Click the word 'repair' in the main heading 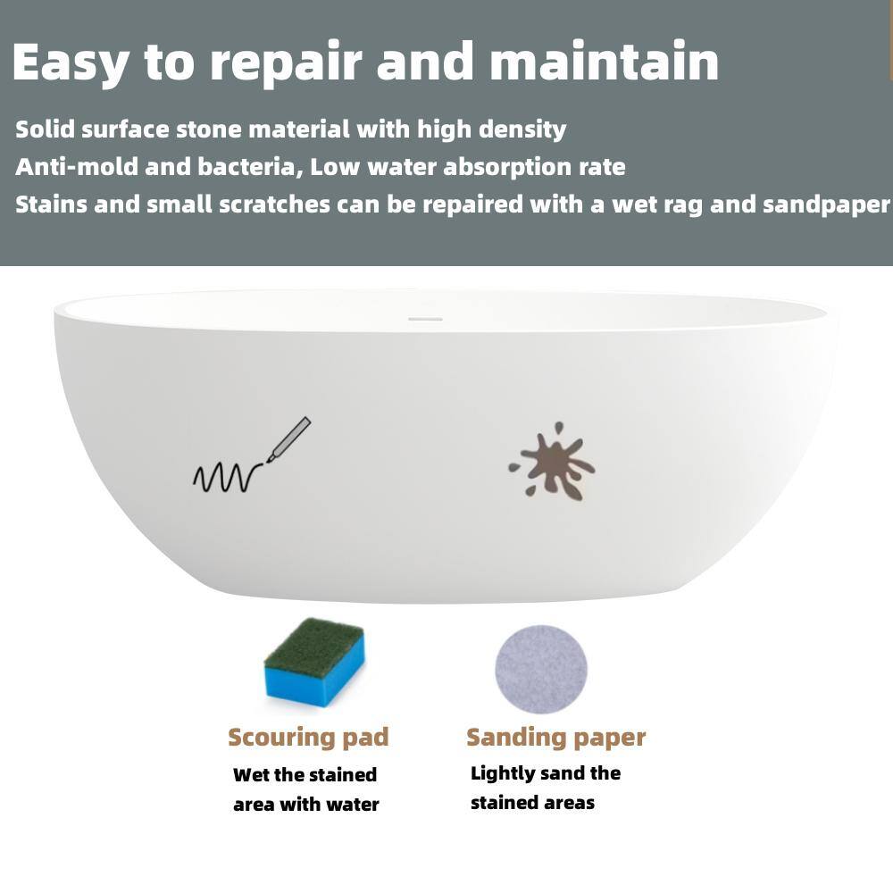[x=286, y=63]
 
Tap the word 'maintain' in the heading [x=605, y=61]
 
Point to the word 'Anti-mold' [x=76, y=167]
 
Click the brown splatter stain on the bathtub [x=551, y=462]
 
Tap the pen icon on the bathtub [x=288, y=439]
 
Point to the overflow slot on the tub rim [x=425, y=319]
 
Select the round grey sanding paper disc [x=540, y=669]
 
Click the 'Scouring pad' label [x=308, y=738]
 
